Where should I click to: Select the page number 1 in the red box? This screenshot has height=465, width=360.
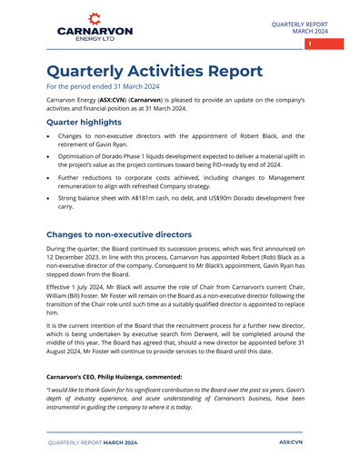(x=309, y=45)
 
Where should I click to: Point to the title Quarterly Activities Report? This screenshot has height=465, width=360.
(x=155, y=71)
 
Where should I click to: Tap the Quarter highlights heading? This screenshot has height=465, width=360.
(x=84, y=123)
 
